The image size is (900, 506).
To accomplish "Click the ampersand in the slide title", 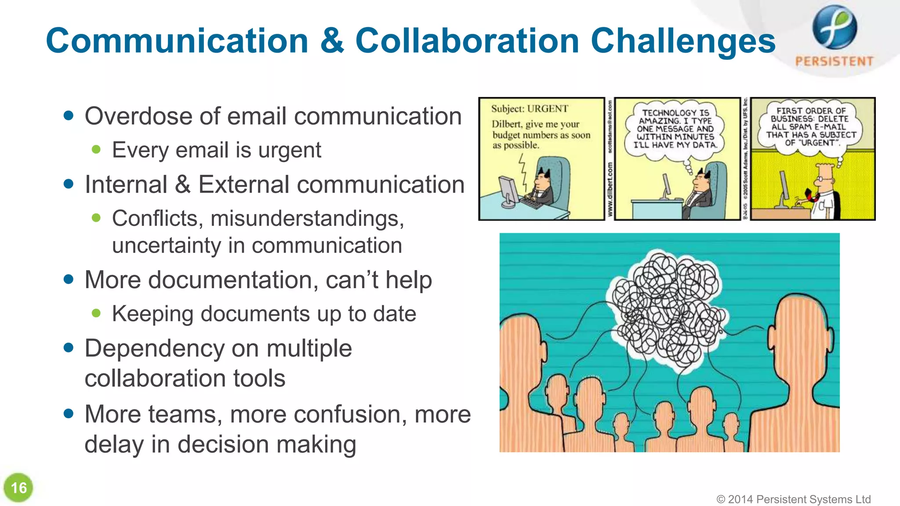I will [332, 41].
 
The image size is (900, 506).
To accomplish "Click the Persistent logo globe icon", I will [834, 27].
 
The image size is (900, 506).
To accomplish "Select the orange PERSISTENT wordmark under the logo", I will [834, 61].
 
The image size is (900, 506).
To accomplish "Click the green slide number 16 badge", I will [18, 488].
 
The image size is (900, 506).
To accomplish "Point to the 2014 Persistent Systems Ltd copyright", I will [793, 499].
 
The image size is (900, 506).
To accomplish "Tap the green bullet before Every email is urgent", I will [96, 150].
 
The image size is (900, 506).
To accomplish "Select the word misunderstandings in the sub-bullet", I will [307, 218].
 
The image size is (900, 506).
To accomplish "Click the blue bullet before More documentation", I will [68, 279].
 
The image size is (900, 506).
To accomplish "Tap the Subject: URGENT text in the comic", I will [530, 108].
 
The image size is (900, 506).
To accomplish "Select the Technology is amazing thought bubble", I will [675, 129].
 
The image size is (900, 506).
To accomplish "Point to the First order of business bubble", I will [811, 127].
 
